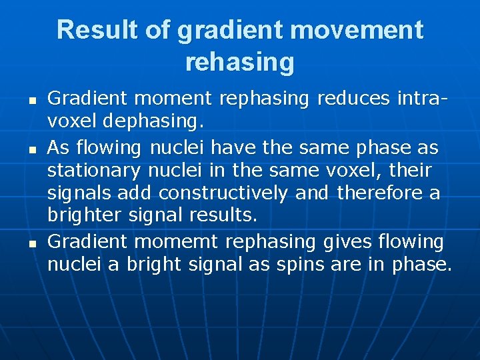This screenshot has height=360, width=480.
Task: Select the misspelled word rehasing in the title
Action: point(239,62)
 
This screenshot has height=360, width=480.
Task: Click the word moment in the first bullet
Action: point(173,99)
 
